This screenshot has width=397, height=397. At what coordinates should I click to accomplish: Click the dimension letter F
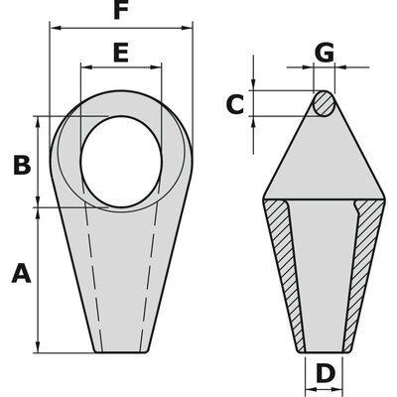121,12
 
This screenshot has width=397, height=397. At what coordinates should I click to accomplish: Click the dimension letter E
120,53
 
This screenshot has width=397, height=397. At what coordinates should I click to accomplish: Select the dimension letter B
21,166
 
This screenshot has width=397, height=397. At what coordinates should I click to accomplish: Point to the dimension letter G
324,53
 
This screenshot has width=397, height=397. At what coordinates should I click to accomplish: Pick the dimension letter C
234,104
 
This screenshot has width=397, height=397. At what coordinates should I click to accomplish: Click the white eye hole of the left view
119,161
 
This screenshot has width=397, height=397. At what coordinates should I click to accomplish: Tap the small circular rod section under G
324,104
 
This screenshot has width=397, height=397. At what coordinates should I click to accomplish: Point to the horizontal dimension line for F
121,28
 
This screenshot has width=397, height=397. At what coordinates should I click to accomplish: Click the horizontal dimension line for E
120,67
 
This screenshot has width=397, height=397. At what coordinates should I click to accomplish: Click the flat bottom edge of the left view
120,350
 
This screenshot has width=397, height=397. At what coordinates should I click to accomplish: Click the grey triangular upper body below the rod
324,159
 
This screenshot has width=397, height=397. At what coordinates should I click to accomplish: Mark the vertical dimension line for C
255,104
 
